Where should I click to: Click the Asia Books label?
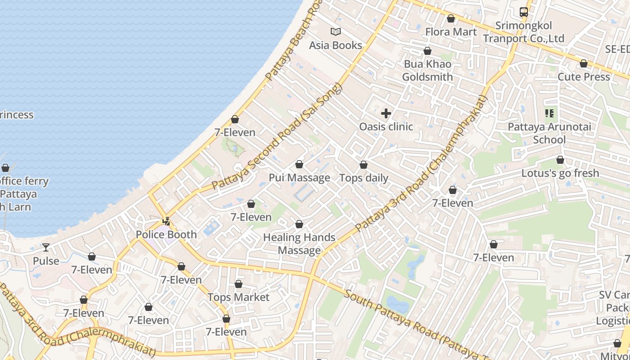[335, 45]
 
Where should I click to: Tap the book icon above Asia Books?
[335, 31]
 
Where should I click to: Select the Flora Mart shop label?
[450, 32]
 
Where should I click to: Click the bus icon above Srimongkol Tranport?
[523, 12]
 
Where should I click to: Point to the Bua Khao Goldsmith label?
[427, 70]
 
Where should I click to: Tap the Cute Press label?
[584, 76]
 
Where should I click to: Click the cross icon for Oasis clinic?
[386, 113]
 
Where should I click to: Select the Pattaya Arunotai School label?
[549, 133]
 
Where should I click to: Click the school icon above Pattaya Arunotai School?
[549, 113]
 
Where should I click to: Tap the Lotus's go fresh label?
[560, 173]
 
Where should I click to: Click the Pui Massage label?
[299, 178]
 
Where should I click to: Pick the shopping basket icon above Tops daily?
[363, 165]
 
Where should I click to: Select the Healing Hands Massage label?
[299, 243]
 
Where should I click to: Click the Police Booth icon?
[166, 221]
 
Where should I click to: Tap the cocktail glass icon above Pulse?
[46, 247]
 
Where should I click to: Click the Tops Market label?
[238, 297]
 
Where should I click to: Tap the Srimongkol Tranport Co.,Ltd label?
[523, 32]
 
